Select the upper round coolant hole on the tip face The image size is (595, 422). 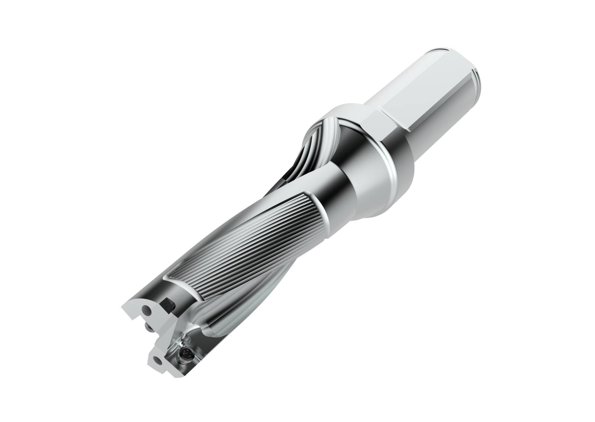pos(148,309)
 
